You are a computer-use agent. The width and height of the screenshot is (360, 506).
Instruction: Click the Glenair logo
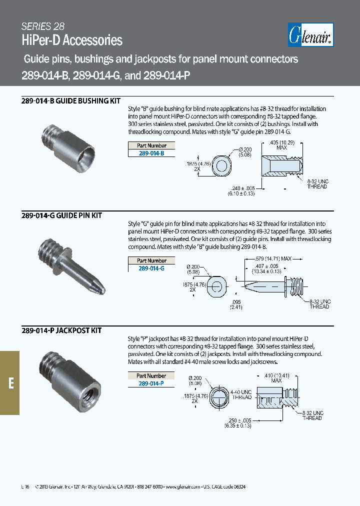click(311, 35)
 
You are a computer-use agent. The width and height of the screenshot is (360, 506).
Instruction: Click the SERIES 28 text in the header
click(43, 27)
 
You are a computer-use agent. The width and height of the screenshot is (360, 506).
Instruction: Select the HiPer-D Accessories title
click(72, 40)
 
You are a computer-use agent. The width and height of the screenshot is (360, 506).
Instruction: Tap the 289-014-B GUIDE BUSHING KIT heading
click(71, 100)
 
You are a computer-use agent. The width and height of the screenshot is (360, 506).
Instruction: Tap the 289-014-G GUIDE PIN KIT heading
click(61, 215)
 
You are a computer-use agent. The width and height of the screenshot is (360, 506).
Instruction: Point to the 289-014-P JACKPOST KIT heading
click(61, 330)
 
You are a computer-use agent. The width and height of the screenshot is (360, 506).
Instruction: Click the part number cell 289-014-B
click(151, 153)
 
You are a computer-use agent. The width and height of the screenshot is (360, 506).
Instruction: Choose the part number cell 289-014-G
click(151, 268)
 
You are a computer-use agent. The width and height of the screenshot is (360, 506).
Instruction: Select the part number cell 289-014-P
click(151, 383)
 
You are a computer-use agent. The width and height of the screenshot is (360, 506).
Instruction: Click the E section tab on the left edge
click(10, 382)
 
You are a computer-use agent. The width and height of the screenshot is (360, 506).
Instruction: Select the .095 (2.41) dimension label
click(236, 305)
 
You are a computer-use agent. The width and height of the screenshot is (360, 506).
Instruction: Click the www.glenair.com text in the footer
click(182, 486)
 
